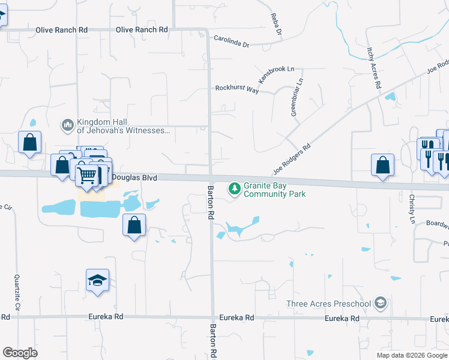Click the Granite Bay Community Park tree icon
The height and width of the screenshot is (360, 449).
click(234, 189)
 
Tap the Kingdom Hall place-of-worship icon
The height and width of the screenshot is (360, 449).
click(67, 125)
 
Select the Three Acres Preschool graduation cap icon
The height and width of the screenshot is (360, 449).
click(380, 303)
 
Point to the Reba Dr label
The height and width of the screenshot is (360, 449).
click(276, 23)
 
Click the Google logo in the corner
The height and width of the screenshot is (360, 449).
click(20, 353)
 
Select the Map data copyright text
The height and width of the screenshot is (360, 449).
click(412, 355)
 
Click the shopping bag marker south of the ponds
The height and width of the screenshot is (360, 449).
click(134, 226)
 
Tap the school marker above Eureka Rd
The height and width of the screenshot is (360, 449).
click(97, 280)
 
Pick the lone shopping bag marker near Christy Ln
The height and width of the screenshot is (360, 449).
click(382, 165)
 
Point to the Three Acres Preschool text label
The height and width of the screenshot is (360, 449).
click(328, 303)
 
